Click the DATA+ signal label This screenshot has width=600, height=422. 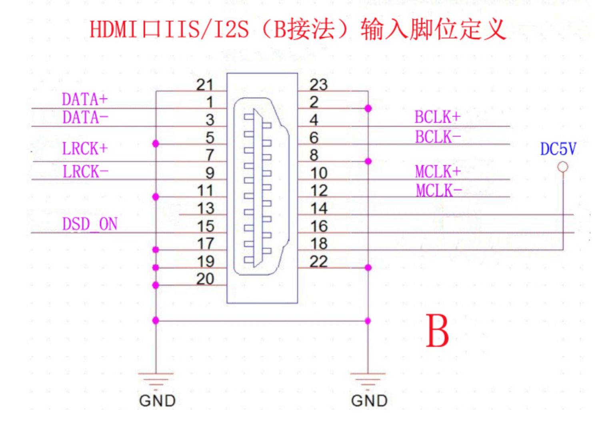[x=85, y=99]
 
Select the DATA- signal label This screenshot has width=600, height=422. [x=85, y=118]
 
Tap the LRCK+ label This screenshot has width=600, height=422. [x=85, y=149]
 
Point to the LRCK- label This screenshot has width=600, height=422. [x=86, y=172]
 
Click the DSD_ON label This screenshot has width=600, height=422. [x=90, y=224]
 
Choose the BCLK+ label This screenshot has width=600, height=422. [x=438, y=117]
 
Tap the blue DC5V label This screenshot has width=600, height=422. [x=558, y=149]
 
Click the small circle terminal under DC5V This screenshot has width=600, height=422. [x=563, y=167]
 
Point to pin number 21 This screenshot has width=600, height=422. [x=205, y=84]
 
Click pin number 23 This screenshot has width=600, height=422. [x=318, y=84]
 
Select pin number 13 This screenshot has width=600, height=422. [x=206, y=208]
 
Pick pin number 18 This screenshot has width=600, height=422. [x=319, y=243]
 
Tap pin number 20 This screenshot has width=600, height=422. [x=205, y=279]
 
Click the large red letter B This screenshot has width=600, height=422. [x=437, y=331]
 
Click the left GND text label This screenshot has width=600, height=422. [x=157, y=400]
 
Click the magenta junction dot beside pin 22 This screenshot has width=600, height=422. [x=368, y=267]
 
